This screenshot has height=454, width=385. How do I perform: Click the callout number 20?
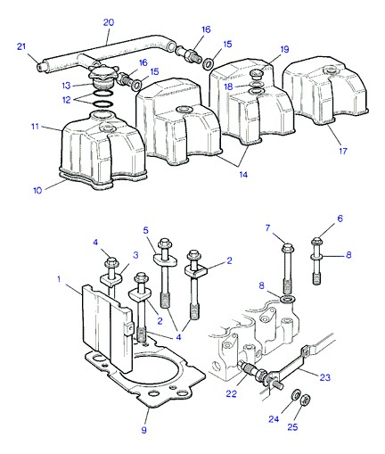coord(109,22)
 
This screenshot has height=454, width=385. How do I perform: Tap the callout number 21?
coord(21,46)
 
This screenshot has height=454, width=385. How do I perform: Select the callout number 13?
coord(67,86)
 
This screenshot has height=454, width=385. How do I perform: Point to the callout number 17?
coord(343,151)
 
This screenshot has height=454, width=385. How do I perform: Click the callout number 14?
coord(243,175)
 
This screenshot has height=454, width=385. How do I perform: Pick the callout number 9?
coord(143,430)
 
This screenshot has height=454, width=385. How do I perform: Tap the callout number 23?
coord(325,377)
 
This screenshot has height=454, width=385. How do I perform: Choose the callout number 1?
coord(59,279)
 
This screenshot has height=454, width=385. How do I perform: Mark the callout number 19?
coord(284,49)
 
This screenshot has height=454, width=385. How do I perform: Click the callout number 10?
coord(37,190)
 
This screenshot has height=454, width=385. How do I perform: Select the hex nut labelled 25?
coord(306,400)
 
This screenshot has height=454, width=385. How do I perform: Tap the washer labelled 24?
coord(295,394)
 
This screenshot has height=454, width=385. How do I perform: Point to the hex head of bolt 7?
coord(288,248)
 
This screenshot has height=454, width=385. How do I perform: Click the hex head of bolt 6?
coord(316,241)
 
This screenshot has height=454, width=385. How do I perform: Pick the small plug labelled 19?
coord(256,73)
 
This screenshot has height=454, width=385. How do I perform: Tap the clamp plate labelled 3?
coord(111,280)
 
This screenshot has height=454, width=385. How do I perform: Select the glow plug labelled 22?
coord(256,372)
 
